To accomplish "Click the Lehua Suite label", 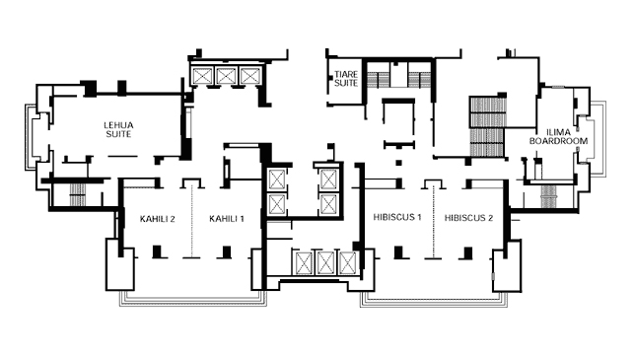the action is (118, 129).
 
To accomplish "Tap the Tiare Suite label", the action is (346, 79).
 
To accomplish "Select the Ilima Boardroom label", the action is (558, 137).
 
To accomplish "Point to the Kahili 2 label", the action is (158, 219).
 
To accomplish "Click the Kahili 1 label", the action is (227, 219).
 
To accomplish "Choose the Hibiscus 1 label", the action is (397, 217).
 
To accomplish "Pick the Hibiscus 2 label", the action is (469, 218).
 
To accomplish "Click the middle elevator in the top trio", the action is (226, 76).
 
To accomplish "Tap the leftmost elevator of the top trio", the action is (202, 76).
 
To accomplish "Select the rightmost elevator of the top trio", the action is (248, 76).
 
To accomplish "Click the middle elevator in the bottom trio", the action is (325, 262).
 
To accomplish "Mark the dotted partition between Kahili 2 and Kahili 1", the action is (191, 222).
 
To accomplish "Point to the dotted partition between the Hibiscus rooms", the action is (434, 222).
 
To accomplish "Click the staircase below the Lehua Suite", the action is (77, 195).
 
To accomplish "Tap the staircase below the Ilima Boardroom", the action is (549, 196).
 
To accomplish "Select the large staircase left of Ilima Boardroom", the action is (488, 126).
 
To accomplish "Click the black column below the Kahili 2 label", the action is (157, 252).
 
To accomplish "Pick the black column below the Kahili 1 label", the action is (227, 252).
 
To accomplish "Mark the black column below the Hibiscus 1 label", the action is (398, 252).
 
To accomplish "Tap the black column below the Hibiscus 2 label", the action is (468, 252).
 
